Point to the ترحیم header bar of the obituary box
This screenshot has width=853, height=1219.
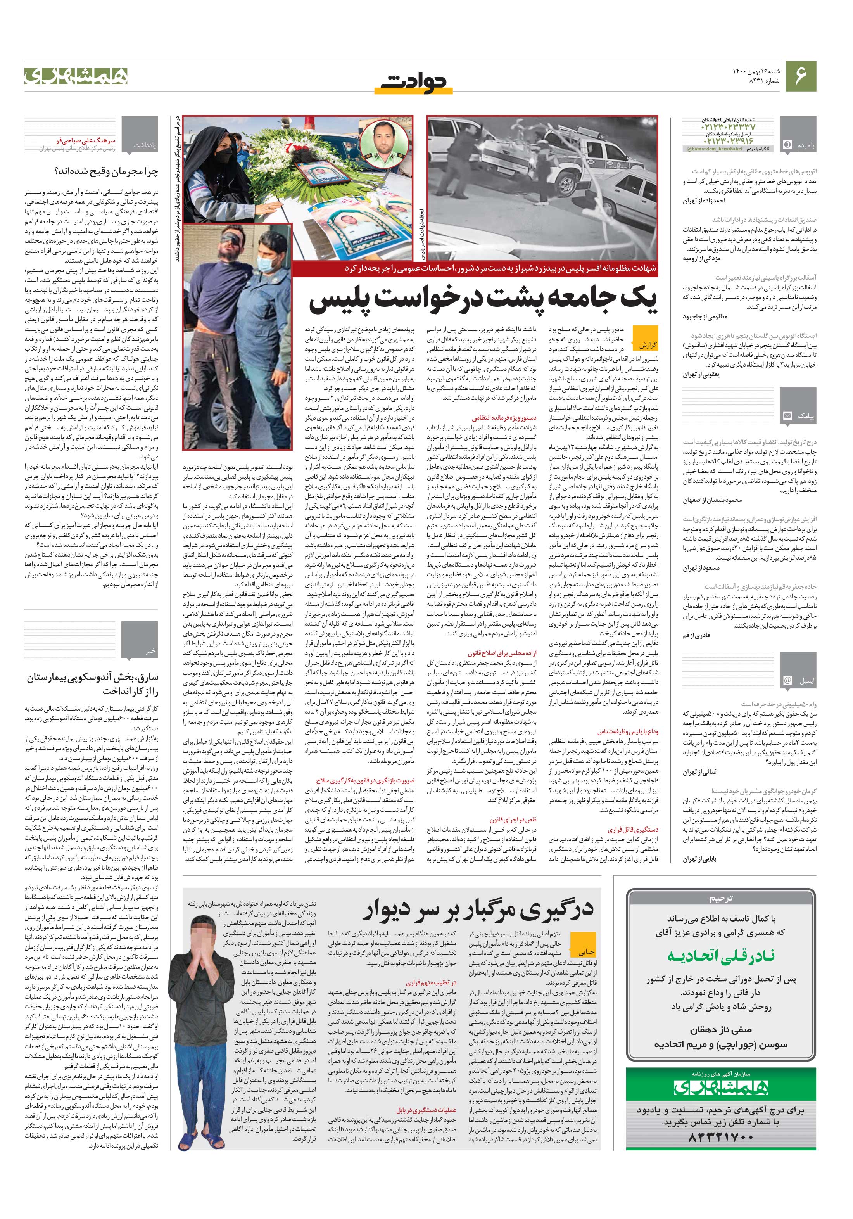(721, 899)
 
